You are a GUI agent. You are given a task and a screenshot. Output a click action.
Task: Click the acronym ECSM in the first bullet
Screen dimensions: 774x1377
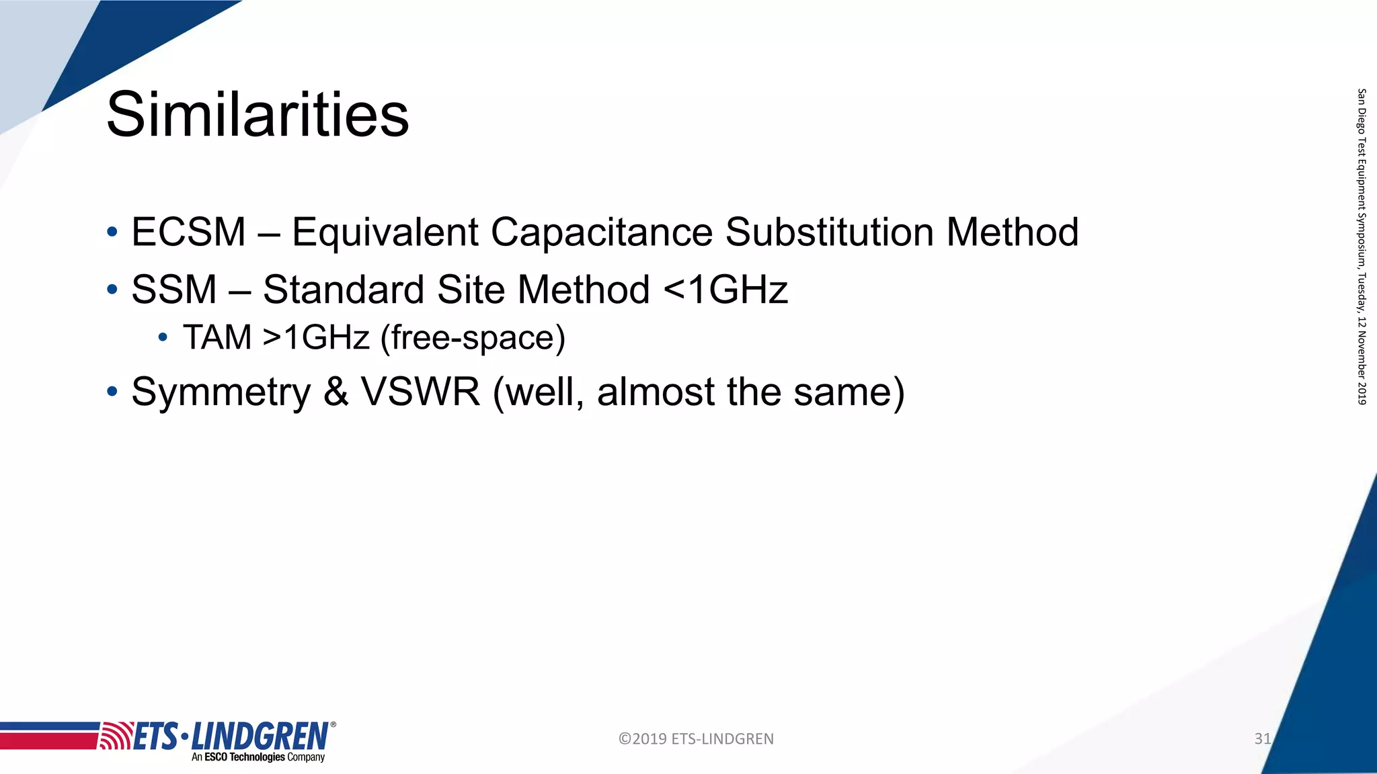189,232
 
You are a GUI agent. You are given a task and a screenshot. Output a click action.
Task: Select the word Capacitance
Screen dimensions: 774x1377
601,232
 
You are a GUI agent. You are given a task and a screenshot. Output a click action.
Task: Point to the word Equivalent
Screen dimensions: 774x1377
385,232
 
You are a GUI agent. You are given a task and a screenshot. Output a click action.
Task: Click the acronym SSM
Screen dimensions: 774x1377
174,290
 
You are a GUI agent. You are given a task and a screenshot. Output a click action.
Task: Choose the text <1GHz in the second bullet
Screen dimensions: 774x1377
725,290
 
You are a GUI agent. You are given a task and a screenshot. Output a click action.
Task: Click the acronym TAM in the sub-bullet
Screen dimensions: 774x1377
217,337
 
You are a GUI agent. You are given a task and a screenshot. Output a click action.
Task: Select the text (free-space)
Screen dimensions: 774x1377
473,337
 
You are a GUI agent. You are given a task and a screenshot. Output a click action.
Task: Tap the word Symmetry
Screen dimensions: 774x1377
221,392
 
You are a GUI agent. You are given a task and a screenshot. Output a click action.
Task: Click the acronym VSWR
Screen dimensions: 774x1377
421,392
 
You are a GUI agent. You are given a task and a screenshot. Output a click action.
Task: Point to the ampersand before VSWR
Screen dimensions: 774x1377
336,392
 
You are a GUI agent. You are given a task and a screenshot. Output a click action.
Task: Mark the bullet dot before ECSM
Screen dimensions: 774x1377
112,233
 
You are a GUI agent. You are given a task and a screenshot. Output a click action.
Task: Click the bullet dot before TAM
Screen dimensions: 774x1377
163,337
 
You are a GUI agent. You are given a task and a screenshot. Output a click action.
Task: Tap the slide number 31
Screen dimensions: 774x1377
1262,738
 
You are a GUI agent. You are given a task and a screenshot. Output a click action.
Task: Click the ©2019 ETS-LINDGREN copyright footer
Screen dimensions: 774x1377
696,739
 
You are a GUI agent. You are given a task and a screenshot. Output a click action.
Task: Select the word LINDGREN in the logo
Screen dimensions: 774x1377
260,736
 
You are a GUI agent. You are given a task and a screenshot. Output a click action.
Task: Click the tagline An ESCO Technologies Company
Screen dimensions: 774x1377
258,757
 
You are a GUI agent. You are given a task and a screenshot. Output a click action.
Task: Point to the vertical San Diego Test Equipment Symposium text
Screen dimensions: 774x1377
1362,246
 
